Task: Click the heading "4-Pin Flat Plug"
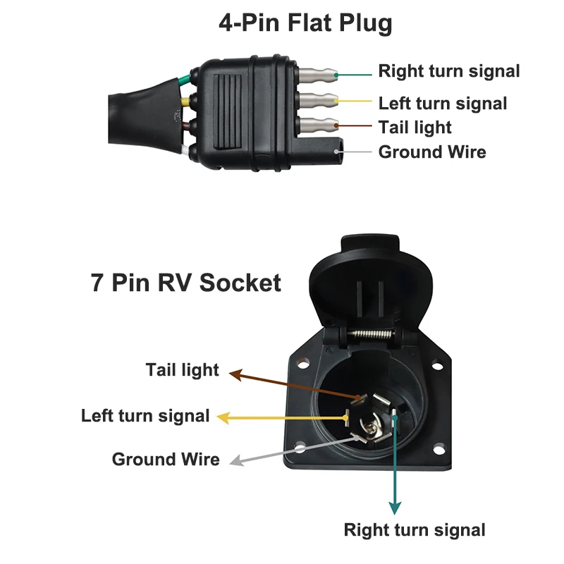pos(305,23)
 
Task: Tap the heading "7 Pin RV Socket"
pos(185,283)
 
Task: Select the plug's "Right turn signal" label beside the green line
pos(449,71)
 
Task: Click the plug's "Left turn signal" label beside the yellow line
pos(443,104)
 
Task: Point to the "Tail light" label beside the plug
pos(415,128)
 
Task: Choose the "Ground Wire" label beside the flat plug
pos(432,152)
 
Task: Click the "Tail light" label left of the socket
pos(182,369)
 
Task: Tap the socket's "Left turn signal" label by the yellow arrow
pos(145,415)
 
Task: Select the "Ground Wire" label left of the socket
pos(166,460)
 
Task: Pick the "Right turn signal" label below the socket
pos(415,529)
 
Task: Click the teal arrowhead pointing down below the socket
pos(396,508)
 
